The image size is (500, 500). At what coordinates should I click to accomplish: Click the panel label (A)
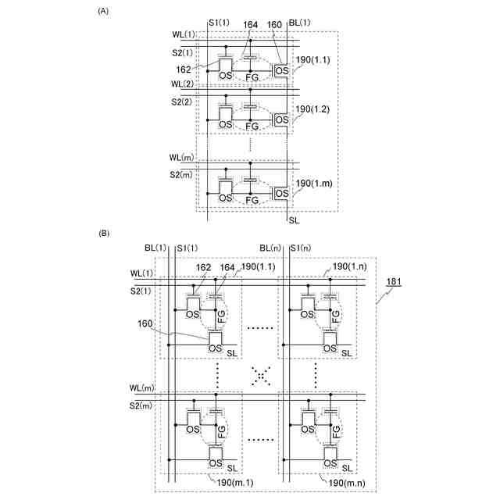[x=102, y=12]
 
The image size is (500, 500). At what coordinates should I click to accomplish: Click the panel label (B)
[x=102, y=234]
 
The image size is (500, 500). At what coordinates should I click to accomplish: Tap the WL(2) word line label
[x=184, y=84]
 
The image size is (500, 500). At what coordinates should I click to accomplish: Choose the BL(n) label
[x=270, y=248]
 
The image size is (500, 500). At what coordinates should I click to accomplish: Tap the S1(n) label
[x=302, y=248]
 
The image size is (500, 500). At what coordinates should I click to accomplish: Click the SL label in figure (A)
[x=295, y=221]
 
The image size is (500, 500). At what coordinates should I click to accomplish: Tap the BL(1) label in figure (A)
[x=300, y=23]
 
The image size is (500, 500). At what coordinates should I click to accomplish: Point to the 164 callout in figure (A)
[x=250, y=23]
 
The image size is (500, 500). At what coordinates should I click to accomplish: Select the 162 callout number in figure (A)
[x=185, y=70]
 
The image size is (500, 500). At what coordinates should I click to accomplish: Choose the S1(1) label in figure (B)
[x=187, y=248]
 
